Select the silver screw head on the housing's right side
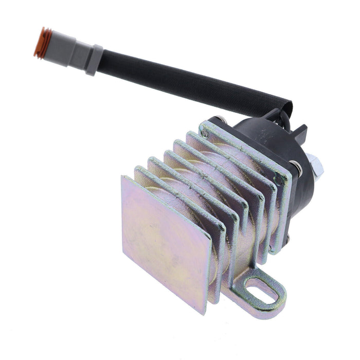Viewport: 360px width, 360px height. [298, 167]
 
